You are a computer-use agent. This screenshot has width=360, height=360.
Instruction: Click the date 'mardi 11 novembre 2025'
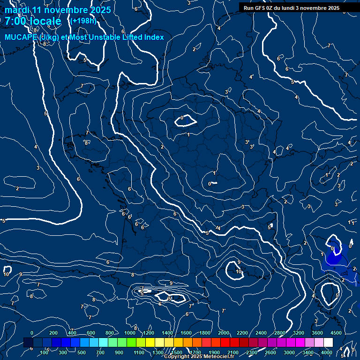58,10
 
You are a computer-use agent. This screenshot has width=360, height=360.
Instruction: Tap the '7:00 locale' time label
33,21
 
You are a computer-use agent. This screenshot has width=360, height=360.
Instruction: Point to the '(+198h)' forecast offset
82,21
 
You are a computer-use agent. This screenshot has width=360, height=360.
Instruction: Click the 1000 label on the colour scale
130,333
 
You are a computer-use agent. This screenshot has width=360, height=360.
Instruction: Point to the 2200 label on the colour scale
242,333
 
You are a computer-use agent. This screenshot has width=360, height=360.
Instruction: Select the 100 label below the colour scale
45,352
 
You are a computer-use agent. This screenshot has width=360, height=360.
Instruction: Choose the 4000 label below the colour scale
327,352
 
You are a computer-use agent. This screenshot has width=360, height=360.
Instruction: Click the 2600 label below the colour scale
270,352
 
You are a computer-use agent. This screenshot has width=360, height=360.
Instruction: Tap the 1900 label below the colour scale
214,352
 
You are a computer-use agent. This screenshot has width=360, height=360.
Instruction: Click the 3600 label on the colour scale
317,333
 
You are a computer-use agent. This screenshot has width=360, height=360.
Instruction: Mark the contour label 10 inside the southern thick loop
239,271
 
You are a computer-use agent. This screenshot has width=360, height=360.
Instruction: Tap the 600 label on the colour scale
91,333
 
